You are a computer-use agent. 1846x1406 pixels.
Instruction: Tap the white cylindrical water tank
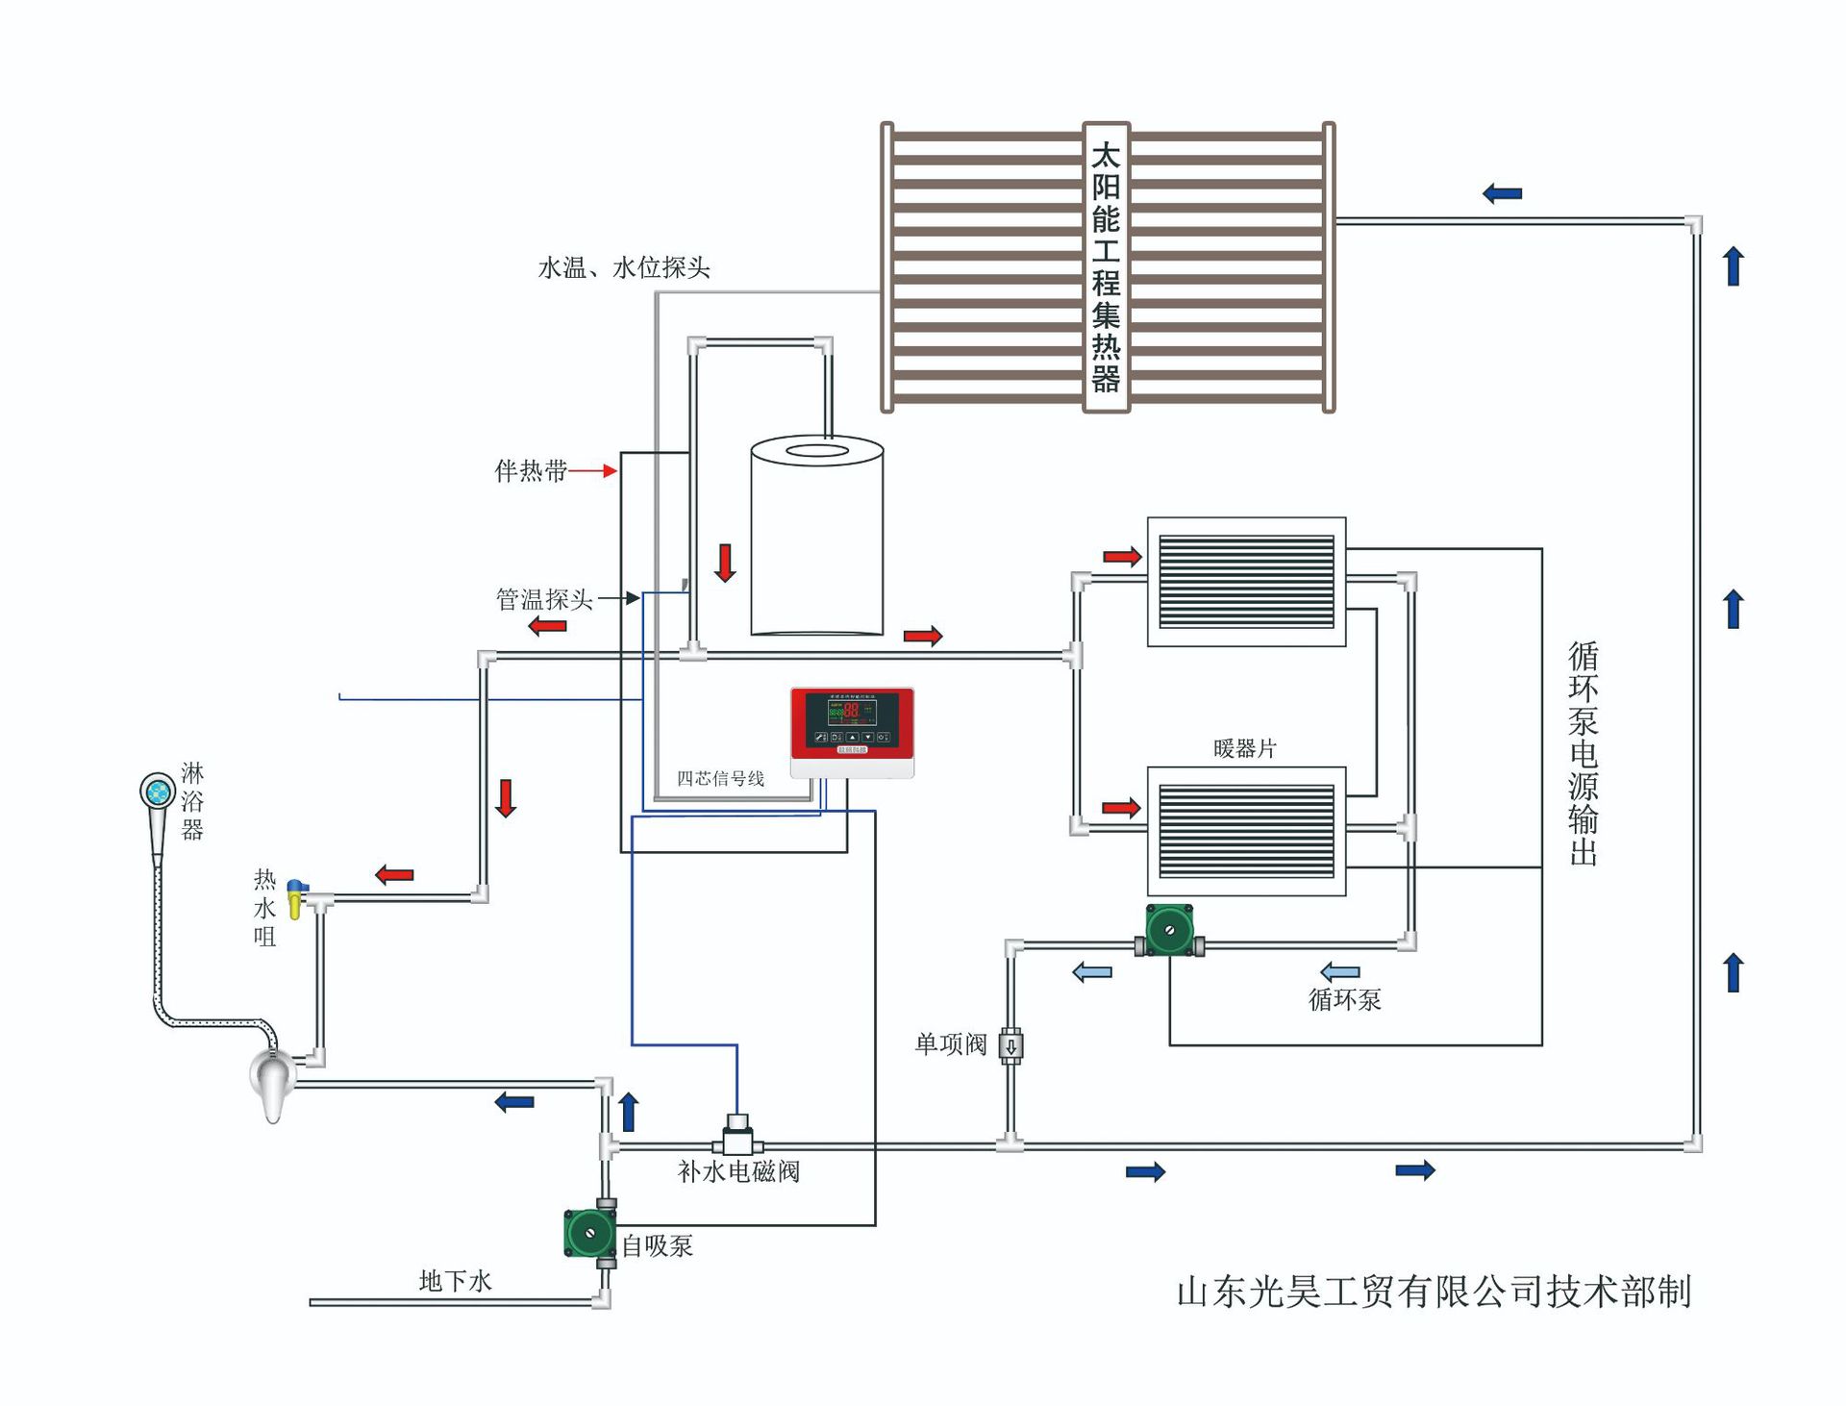(816, 539)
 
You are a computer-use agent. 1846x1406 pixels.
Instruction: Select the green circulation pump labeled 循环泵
(1169, 931)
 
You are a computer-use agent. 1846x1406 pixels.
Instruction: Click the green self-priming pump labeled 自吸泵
(589, 1233)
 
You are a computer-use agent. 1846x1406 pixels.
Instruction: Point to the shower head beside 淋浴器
(157, 792)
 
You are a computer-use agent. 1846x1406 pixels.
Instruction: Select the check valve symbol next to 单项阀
(1010, 1045)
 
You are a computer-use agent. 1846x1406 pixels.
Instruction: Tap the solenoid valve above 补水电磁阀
(737, 1136)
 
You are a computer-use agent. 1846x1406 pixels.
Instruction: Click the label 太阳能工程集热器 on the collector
(1106, 267)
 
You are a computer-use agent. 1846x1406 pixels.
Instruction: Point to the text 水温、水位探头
(624, 268)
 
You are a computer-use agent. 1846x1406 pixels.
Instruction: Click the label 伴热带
(531, 471)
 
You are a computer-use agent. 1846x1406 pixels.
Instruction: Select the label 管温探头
(544, 600)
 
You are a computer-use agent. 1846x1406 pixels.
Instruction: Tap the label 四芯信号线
(720, 779)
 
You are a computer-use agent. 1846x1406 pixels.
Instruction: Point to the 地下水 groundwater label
(456, 1281)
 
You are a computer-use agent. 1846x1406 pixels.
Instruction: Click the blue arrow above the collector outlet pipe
(1502, 194)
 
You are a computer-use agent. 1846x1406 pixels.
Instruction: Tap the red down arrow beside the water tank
(725, 564)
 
